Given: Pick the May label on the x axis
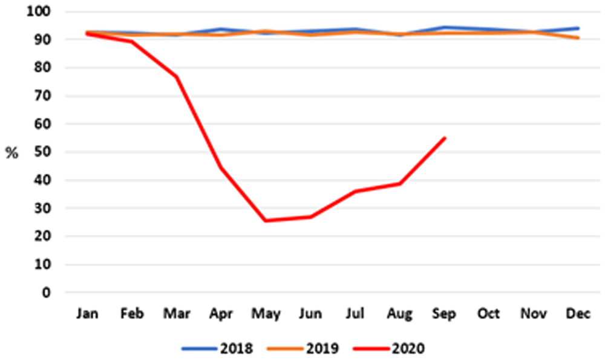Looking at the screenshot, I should (x=266, y=314).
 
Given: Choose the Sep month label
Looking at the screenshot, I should (x=445, y=314).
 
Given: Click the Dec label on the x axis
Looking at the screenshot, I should (x=578, y=314).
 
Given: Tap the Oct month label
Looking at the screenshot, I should (x=489, y=314).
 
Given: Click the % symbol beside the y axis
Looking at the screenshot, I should (x=12, y=153).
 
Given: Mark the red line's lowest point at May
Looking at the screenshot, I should (x=266, y=221).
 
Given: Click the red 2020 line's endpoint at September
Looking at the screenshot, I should (x=445, y=138).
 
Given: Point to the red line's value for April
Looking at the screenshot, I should (x=221, y=167).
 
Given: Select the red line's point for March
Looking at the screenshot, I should (x=177, y=77).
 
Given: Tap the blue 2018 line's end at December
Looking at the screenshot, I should (x=578, y=28).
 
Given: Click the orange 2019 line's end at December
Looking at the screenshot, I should (x=578, y=38).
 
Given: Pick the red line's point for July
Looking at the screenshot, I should (x=356, y=191).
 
